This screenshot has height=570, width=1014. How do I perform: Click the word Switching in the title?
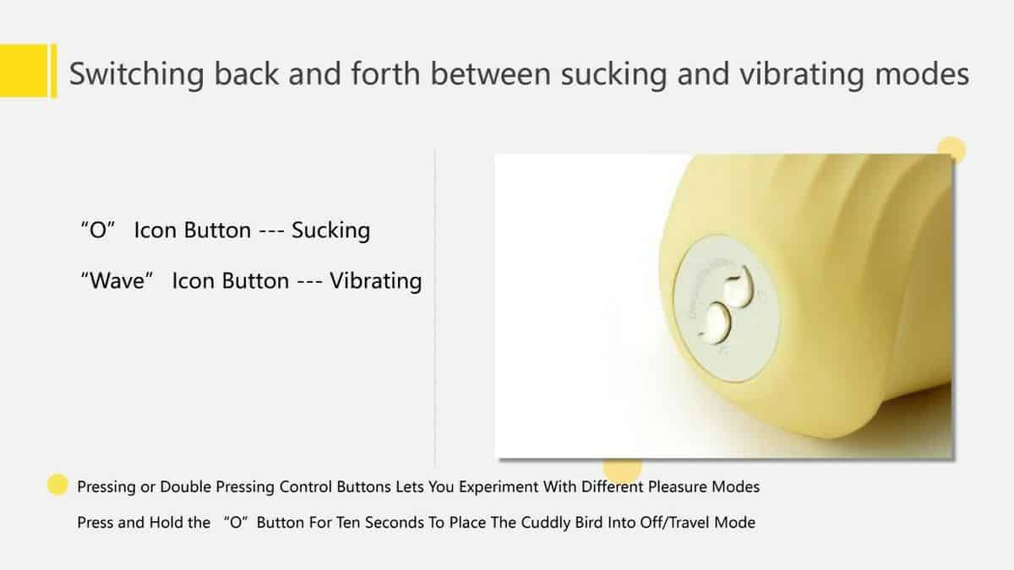[137, 74]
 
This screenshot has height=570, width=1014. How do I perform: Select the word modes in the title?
[922, 73]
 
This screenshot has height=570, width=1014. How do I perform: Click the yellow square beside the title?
[24, 70]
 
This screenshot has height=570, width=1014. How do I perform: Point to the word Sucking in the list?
[331, 231]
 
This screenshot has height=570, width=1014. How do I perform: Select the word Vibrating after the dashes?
[376, 281]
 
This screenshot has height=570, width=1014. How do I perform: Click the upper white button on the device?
[738, 288]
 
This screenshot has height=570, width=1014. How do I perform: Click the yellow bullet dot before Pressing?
[57, 485]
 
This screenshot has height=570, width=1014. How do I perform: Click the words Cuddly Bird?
[561, 523]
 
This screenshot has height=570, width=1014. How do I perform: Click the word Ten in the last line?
[348, 523]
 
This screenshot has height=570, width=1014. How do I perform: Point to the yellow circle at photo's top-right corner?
[951, 149]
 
